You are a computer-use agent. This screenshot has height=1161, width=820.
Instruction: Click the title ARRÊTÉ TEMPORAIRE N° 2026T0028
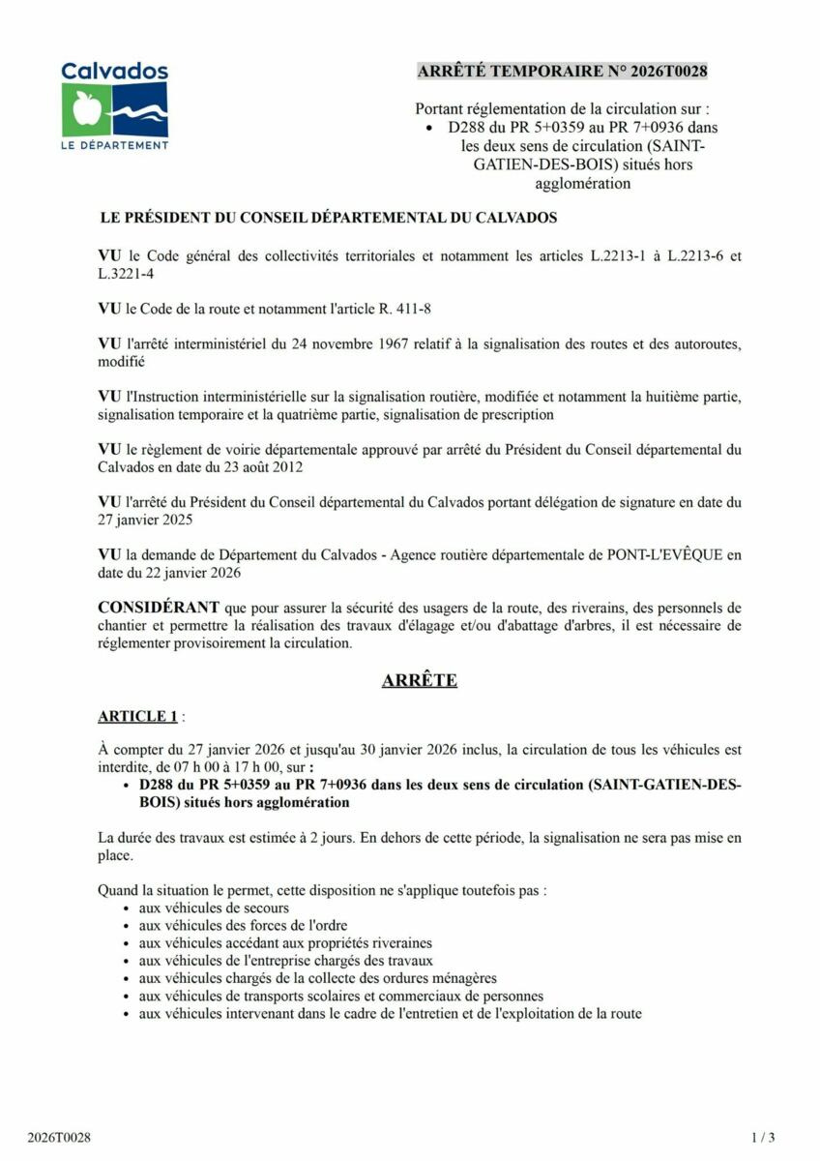click(x=562, y=72)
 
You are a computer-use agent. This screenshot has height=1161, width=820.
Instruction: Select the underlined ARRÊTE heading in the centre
click(x=420, y=680)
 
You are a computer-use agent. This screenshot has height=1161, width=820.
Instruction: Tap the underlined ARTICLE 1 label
click(x=137, y=716)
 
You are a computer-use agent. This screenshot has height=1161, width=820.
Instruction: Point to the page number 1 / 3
click(x=763, y=1137)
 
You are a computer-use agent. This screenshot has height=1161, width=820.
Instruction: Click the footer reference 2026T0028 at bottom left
click(x=59, y=1137)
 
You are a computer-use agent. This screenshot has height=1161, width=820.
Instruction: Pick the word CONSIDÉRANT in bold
click(x=159, y=609)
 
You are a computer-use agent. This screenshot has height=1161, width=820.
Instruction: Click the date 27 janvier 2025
click(x=145, y=520)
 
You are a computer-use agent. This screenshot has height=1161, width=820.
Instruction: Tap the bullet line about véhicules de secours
click(x=214, y=908)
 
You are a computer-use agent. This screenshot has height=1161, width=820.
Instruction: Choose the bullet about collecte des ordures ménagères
click(x=317, y=978)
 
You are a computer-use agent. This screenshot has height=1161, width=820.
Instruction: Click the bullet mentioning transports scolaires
click(x=340, y=996)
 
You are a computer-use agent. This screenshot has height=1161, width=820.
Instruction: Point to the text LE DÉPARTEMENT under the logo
click(x=115, y=145)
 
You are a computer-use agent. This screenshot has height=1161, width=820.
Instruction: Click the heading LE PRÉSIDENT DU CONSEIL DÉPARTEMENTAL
click(x=328, y=218)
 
